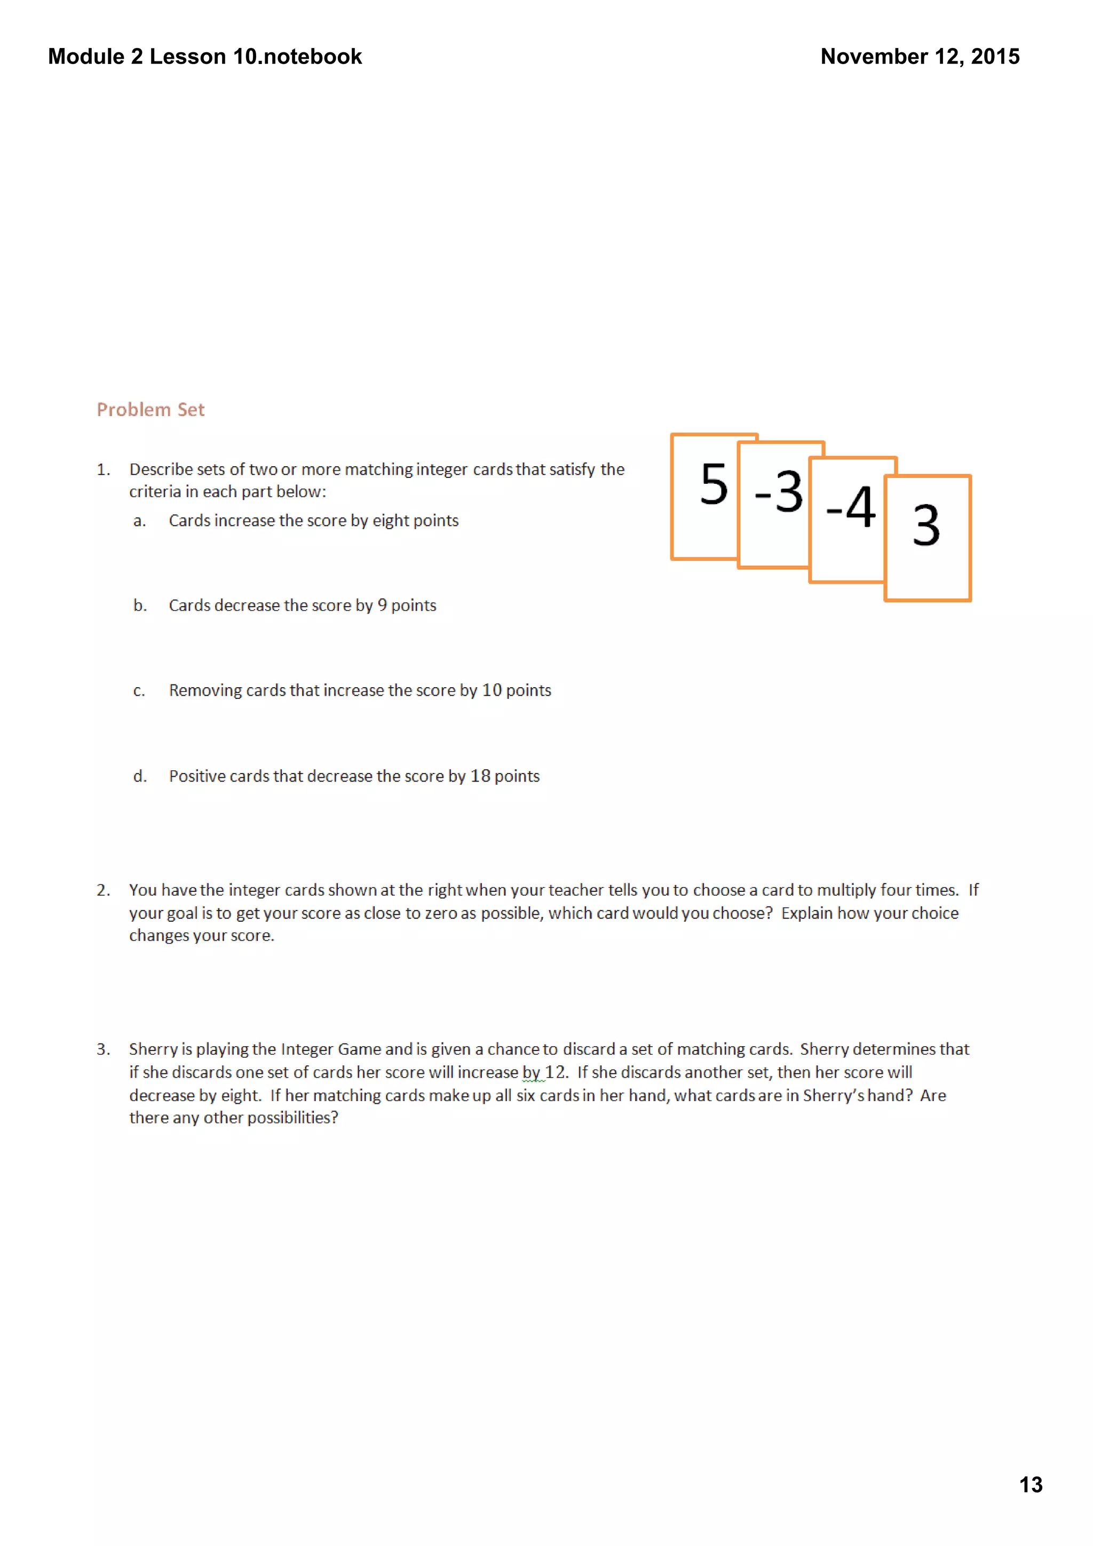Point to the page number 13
1031,1485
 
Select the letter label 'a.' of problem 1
139,521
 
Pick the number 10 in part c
492,690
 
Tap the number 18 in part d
480,776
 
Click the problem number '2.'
103,890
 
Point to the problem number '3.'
103,1049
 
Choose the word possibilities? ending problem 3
292,1118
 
